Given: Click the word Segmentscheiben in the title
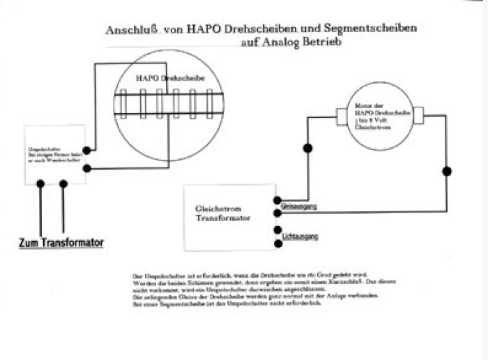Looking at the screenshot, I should click(x=376, y=29).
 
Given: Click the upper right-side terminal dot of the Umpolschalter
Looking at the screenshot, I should click(x=86, y=150).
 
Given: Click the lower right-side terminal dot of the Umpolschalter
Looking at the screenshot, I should click(x=86, y=168).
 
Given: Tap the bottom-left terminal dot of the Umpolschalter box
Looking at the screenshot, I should click(x=40, y=184).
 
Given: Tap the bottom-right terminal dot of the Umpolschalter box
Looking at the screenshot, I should click(x=63, y=184).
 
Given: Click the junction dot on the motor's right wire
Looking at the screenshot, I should click(x=447, y=171).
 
